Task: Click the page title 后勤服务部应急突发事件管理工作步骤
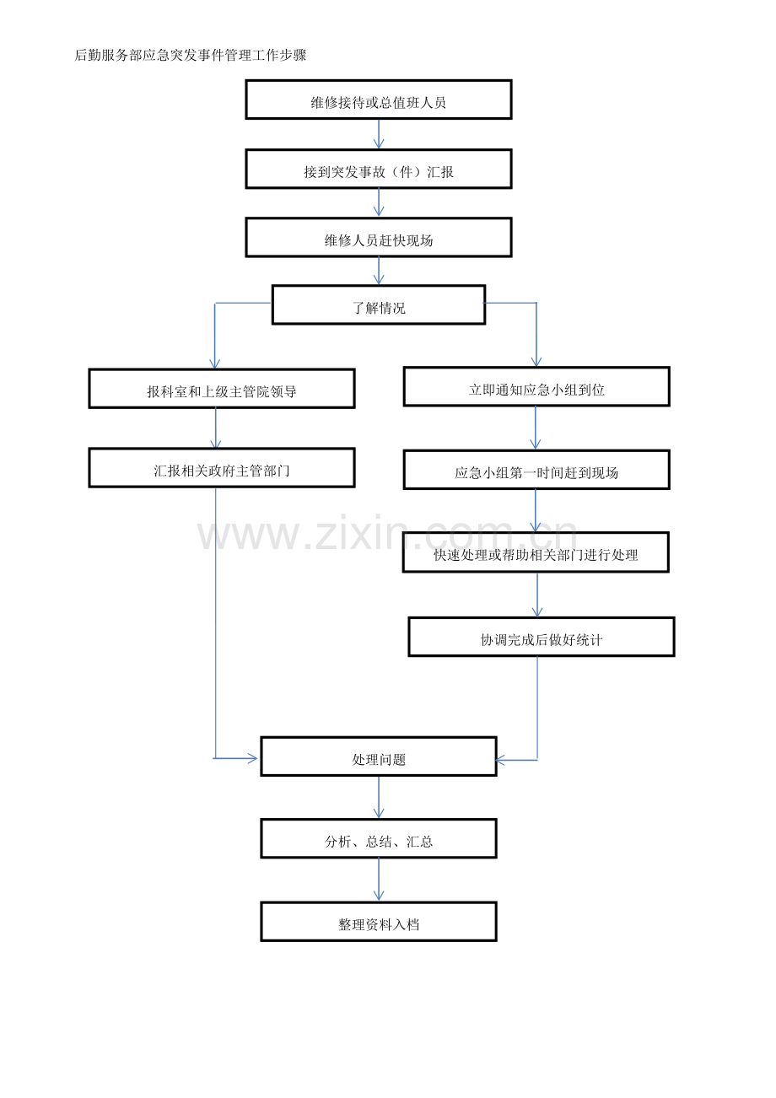click(190, 55)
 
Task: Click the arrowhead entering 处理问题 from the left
click(253, 758)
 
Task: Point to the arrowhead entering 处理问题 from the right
click(500, 761)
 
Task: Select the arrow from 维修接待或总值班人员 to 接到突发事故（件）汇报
click(379, 134)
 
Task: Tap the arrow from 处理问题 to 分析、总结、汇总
click(379, 798)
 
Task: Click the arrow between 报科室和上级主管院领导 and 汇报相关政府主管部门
click(216, 428)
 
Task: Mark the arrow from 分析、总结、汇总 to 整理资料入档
click(379, 880)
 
